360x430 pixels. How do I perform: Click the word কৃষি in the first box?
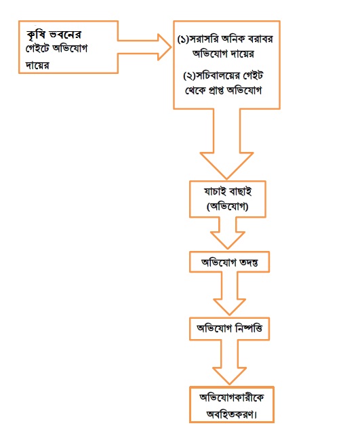pyautogui.click(x=36, y=35)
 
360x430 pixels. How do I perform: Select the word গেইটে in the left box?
pyautogui.click(x=37, y=49)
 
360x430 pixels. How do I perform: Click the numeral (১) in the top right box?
pyautogui.click(x=184, y=39)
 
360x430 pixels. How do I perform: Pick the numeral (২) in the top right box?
pyautogui.click(x=189, y=76)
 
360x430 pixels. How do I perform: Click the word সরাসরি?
pyautogui.click(x=204, y=39)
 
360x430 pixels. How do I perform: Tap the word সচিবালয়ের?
pyautogui.click(x=214, y=76)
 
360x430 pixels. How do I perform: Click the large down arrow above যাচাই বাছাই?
pyautogui.click(x=226, y=144)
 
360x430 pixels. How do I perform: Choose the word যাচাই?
pyautogui.click(x=214, y=191)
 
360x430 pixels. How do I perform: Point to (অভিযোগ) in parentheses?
pyautogui.click(x=228, y=206)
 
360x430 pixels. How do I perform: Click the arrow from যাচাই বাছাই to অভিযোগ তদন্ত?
pyautogui.click(x=228, y=233)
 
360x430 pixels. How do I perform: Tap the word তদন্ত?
pyautogui.click(x=249, y=262)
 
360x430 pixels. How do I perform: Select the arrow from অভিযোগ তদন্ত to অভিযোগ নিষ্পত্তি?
pyautogui.click(x=229, y=294)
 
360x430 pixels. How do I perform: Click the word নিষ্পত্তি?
pyautogui.click(x=249, y=328)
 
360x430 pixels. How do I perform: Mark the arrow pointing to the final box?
pyautogui.click(x=229, y=362)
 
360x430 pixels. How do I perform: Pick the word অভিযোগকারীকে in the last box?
pyautogui.click(x=232, y=397)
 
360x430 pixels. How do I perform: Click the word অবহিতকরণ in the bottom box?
pyautogui.click(x=231, y=414)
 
